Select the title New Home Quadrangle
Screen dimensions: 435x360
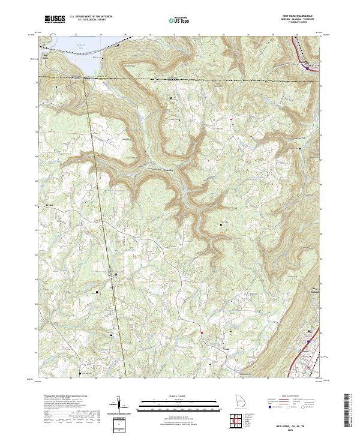click(296, 16)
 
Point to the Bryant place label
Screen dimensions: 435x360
click(50, 206)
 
